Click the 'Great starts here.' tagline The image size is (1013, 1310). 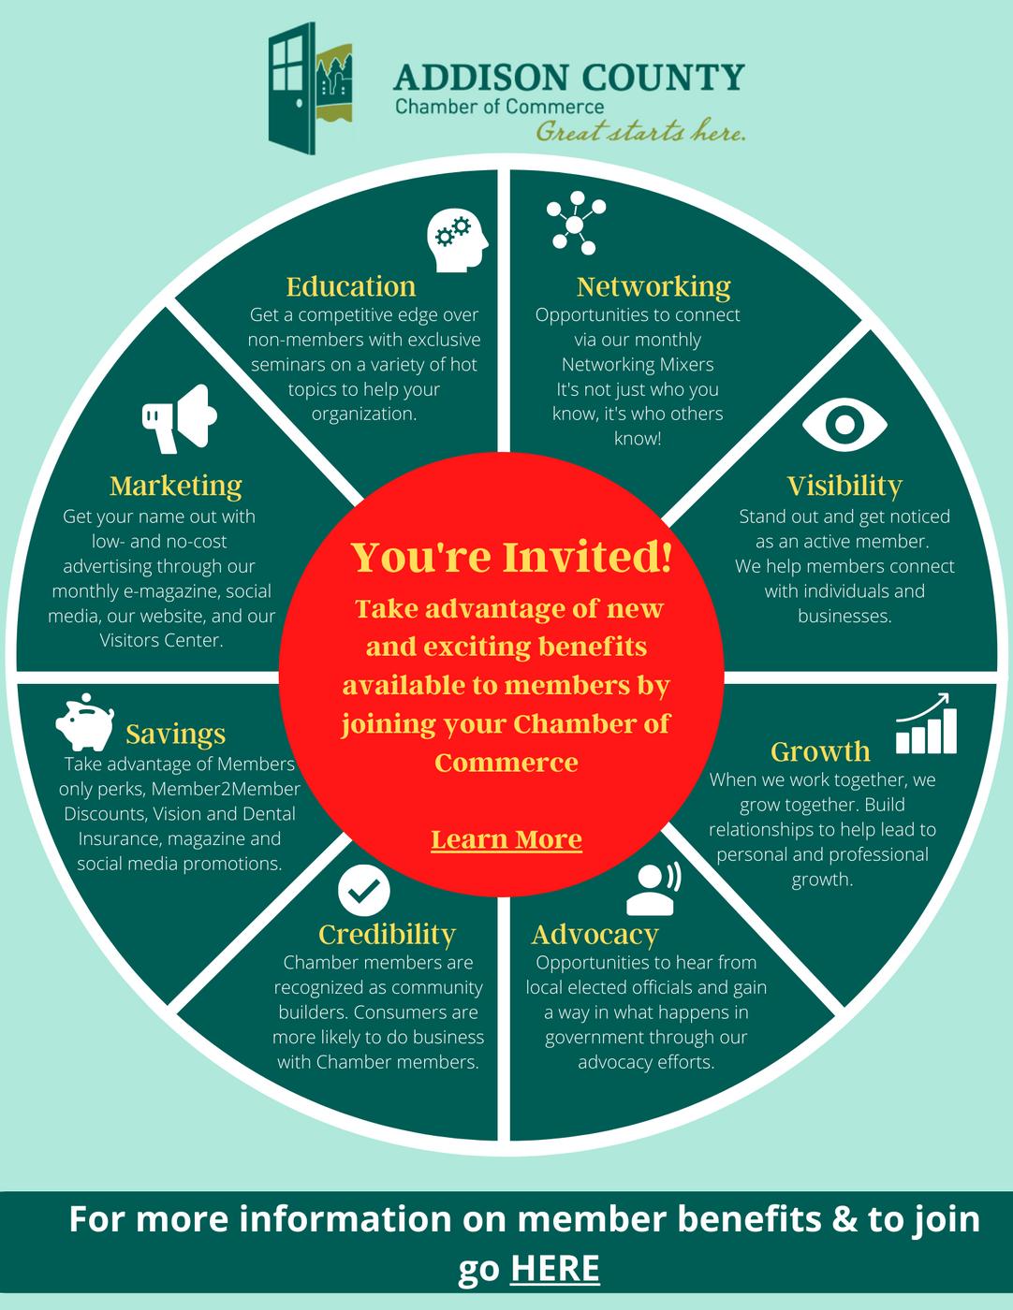(x=640, y=132)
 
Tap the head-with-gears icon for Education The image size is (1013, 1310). (x=458, y=240)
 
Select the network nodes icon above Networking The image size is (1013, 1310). (x=577, y=223)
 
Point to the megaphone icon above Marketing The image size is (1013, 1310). (x=179, y=415)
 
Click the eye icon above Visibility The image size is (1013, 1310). (x=844, y=425)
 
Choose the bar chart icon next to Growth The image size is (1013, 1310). (x=927, y=724)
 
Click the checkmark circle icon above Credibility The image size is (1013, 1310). (x=362, y=889)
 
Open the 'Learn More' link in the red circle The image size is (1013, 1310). (x=506, y=839)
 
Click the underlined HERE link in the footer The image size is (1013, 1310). (x=555, y=1269)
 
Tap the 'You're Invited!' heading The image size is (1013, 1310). (x=511, y=557)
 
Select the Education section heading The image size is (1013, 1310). (x=351, y=285)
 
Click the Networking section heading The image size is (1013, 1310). (x=653, y=285)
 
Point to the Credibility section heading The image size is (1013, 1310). (x=387, y=934)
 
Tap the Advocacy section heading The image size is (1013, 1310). (x=595, y=934)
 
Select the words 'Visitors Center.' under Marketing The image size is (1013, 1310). (x=161, y=641)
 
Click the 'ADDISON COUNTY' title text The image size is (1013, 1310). (x=569, y=77)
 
